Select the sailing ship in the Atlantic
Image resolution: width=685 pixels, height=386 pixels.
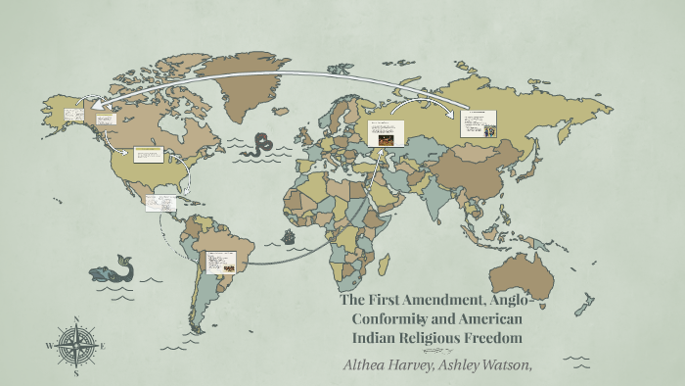(291, 237)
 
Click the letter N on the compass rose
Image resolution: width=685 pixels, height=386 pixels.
(75, 319)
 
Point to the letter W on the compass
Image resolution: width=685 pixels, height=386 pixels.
(50, 346)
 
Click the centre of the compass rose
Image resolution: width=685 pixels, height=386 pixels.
(75, 346)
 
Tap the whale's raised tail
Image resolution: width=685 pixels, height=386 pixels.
(123, 260)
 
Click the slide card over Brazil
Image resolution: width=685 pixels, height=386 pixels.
(217, 262)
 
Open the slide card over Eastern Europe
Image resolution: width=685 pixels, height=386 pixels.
(386, 132)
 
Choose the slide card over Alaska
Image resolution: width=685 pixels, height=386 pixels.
(73, 116)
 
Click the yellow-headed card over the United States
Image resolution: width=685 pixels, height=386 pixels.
(148, 155)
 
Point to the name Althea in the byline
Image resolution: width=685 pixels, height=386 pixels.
(366, 363)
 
